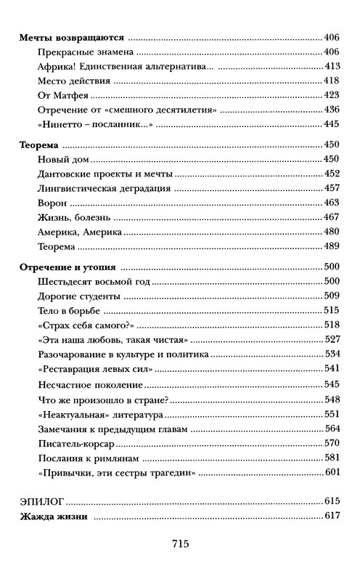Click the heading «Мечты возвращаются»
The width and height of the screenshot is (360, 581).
70,36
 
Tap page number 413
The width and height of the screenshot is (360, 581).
331,67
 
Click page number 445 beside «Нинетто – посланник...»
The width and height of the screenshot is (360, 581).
331,125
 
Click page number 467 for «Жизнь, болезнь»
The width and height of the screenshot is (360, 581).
331,218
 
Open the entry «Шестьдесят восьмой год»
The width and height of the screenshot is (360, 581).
93,282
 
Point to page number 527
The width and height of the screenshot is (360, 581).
331,340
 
